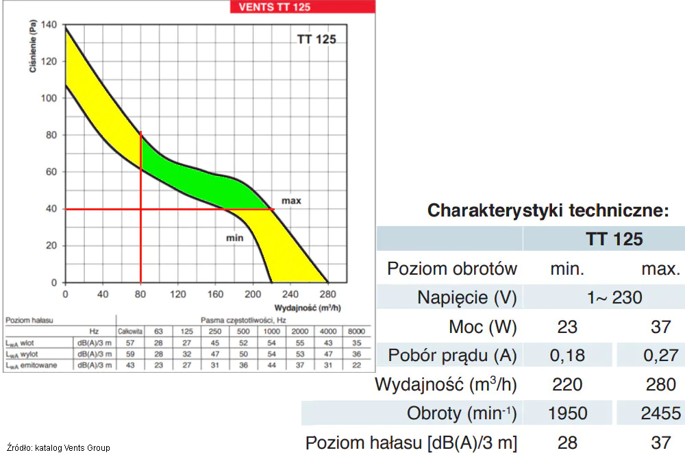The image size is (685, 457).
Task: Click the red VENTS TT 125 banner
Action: (x=302, y=7)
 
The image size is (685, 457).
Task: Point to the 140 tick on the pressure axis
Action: (x=49, y=25)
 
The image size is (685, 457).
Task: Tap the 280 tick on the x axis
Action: (x=327, y=294)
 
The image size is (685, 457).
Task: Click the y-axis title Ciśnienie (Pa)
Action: (x=33, y=46)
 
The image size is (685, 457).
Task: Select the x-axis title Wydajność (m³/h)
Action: (x=308, y=308)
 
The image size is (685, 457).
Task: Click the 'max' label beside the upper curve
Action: (x=291, y=201)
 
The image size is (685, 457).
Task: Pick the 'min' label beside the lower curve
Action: (x=234, y=238)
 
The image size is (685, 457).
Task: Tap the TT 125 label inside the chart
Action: (x=316, y=39)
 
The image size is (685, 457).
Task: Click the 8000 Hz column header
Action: (x=356, y=331)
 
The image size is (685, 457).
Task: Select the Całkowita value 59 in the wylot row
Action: (x=130, y=354)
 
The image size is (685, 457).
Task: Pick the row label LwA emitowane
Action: (x=32, y=365)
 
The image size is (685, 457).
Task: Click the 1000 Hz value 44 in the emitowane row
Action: (x=271, y=365)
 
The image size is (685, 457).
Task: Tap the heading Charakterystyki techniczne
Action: (x=548, y=210)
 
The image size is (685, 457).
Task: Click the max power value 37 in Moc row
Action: (x=660, y=327)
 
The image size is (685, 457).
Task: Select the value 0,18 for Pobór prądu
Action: (x=567, y=356)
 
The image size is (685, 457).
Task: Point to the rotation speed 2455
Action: (x=660, y=413)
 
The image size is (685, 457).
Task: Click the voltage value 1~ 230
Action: (x=614, y=297)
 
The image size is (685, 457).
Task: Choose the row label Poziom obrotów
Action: (x=451, y=269)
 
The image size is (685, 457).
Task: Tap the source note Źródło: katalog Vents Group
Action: (x=58, y=448)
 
